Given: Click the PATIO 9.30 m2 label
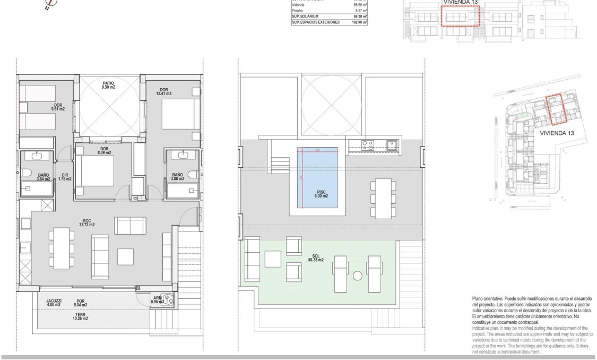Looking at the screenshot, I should click(x=109, y=85).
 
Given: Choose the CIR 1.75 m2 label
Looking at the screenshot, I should click(x=65, y=177).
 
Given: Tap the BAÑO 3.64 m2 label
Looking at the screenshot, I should click(x=44, y=177).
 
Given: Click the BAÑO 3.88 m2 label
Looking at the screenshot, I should click(x=177, y=176).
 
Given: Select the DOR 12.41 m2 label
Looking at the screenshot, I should click(x=164, y=91).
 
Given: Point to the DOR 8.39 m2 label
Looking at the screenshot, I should click(x=104, y=151).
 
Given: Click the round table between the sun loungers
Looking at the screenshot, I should click(x=358, y=276).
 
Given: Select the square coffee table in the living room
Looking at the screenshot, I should click(x=125, y=257).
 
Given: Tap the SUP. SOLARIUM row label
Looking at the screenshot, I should click(x=305, y=16).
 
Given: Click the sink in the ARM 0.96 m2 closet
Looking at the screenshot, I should click(x=169, y=298).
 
